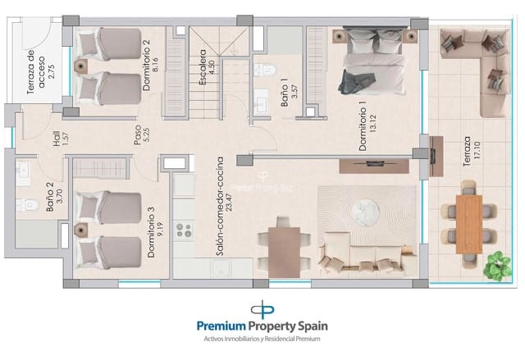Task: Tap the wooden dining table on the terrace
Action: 468,222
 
